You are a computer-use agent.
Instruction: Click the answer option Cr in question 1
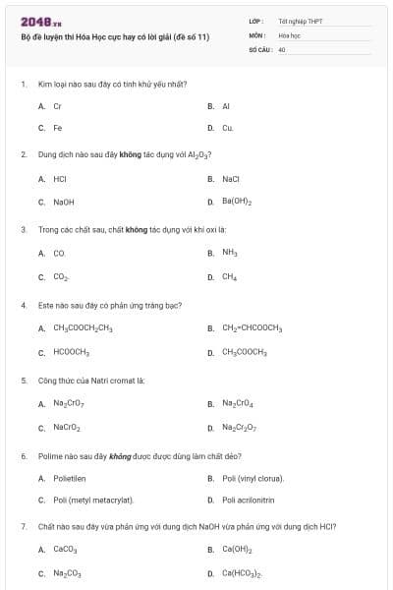tap(58, 105)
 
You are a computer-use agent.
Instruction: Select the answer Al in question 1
tap(226, 105)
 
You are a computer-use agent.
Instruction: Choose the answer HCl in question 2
tap(60, 179)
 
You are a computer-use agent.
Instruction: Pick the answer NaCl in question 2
tap(231, 179)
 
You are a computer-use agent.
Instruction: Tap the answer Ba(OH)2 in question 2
tap(237, 202)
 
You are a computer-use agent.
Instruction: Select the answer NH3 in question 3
tap(230, 253)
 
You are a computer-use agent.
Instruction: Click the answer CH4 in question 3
tap(229, 276)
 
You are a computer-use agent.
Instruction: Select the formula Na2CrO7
tap(69, 403)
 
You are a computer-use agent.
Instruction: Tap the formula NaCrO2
tap(67, 427)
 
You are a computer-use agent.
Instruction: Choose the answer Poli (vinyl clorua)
tap(253, 478)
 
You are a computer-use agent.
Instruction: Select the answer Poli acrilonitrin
tap(248, 501)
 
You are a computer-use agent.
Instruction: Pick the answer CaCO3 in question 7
tap(65, 550)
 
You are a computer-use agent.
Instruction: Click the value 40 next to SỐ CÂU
tap(282, 48)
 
